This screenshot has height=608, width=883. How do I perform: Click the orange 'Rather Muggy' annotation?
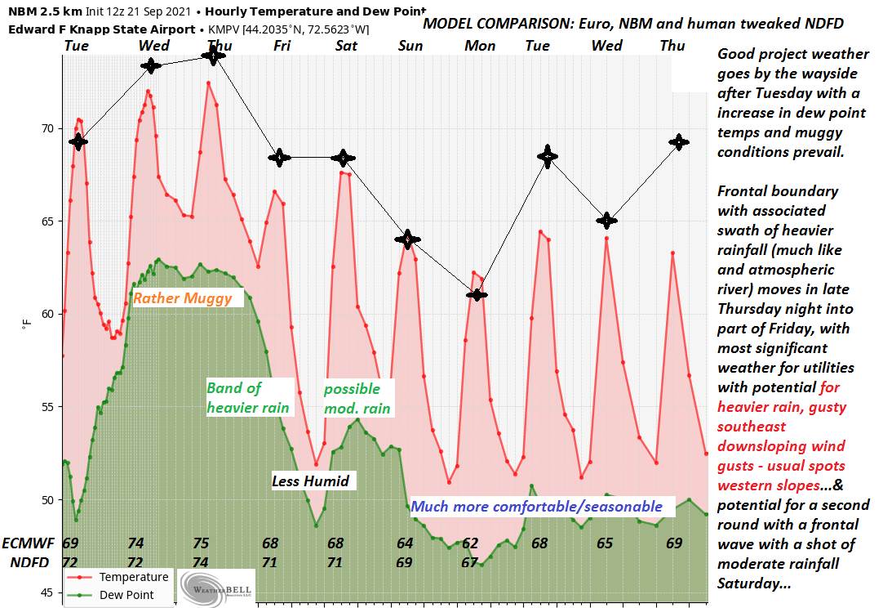[182, 298]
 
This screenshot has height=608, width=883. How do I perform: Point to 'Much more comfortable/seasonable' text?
[536, 507]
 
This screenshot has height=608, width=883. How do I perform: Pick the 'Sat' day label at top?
[347, 46]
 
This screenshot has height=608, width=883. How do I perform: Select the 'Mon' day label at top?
[480, 46]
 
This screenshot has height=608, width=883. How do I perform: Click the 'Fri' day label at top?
[282, 46]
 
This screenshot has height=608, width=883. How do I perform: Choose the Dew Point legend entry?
[127, 595]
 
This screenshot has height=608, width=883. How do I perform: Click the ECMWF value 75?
[202, 543]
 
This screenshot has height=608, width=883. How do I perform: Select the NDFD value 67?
[469, 562]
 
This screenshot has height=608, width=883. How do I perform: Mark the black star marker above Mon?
[477, 294]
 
